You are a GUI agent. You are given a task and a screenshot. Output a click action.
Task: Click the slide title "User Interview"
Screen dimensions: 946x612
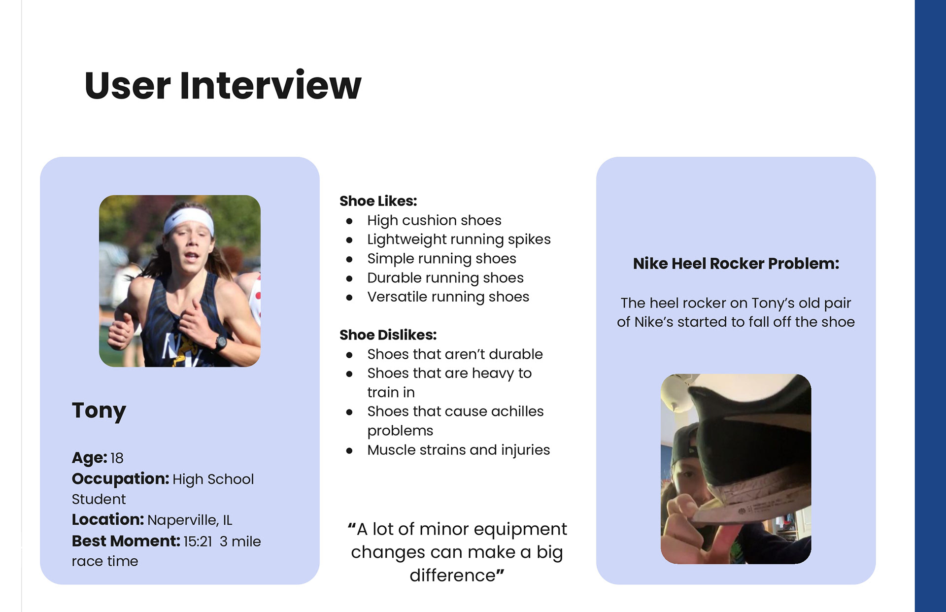(223, 85)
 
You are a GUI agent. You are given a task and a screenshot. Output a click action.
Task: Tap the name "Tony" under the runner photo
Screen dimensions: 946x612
(99, 410)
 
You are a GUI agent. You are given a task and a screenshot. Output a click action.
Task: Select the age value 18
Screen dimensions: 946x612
(117, 458)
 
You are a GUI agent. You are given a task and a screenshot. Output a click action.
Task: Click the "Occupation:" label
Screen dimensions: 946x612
(121, 478)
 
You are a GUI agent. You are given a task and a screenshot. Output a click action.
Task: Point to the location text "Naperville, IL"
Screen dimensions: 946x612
(190, 520)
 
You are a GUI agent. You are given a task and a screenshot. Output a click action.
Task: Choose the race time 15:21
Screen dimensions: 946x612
(198, 541)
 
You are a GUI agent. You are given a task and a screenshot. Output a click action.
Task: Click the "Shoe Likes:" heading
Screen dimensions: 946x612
(378, 201)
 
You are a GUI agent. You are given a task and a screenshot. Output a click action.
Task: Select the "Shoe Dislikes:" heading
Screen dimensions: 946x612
(388, 335)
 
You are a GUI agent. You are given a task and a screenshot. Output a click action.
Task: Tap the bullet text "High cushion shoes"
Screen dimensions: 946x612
(434, 220)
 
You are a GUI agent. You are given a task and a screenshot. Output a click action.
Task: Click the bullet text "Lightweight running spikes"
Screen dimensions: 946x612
(459, 239)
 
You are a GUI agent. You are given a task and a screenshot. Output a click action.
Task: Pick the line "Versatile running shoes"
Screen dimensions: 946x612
(448, 297)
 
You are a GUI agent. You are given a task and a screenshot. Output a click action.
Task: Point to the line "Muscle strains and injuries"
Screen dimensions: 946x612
(458, 450)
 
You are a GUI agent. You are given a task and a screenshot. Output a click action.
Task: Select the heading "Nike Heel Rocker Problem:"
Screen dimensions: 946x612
(736, 264)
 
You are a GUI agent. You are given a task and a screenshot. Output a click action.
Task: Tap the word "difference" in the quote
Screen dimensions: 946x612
(452, 576)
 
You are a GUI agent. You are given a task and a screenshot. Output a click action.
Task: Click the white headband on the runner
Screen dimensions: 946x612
(189, 220)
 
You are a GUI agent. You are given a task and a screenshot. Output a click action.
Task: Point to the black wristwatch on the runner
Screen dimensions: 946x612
(220, 342)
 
